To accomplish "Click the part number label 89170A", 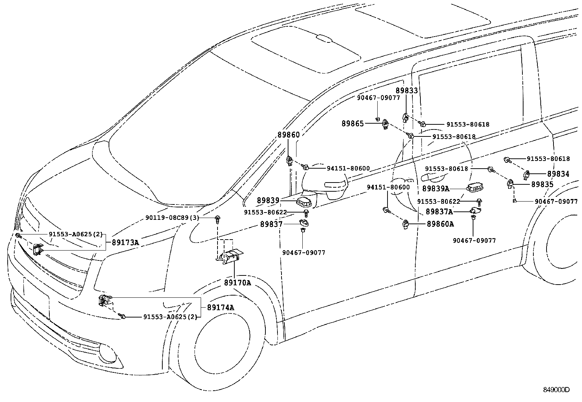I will coord(237,283).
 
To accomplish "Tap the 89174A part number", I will coord(220,307).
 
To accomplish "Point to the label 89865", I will coord(353,124).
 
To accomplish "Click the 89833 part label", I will coord(406,91).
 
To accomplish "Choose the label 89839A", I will coord(435,188).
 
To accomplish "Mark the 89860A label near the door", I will coord(440,224).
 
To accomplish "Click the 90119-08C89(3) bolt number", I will coord(172,218).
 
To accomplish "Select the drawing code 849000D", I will coord(555,390).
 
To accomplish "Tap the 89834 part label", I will coord(558,174).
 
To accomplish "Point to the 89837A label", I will coord(439,211).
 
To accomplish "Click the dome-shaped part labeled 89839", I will coord(303,202).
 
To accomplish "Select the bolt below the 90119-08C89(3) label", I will coord(218,219).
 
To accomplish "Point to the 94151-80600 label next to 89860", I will coord(348,169).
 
